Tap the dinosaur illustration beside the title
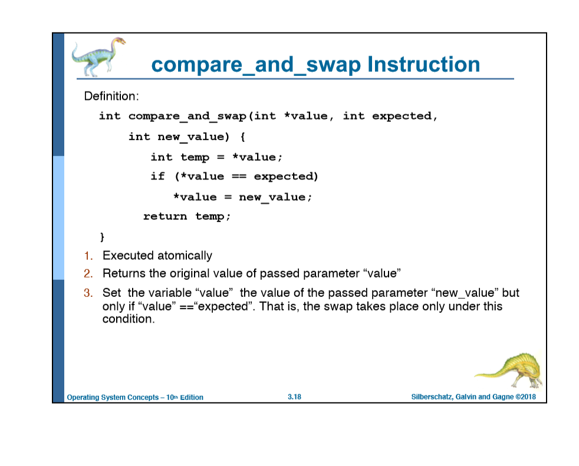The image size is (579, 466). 98,57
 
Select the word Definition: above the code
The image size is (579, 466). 111,95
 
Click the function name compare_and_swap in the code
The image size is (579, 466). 187,116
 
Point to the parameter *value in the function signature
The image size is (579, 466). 305,116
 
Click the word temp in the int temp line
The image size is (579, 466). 195,157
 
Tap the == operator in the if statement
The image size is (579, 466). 239,177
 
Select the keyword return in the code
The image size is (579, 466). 165,217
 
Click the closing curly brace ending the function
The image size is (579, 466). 102,237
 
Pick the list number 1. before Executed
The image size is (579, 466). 87,256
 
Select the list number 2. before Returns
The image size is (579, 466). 88,274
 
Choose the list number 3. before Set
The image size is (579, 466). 88,293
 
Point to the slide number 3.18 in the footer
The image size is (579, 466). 294,397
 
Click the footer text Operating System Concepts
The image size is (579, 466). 113,398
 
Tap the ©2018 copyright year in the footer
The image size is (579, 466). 525,397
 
